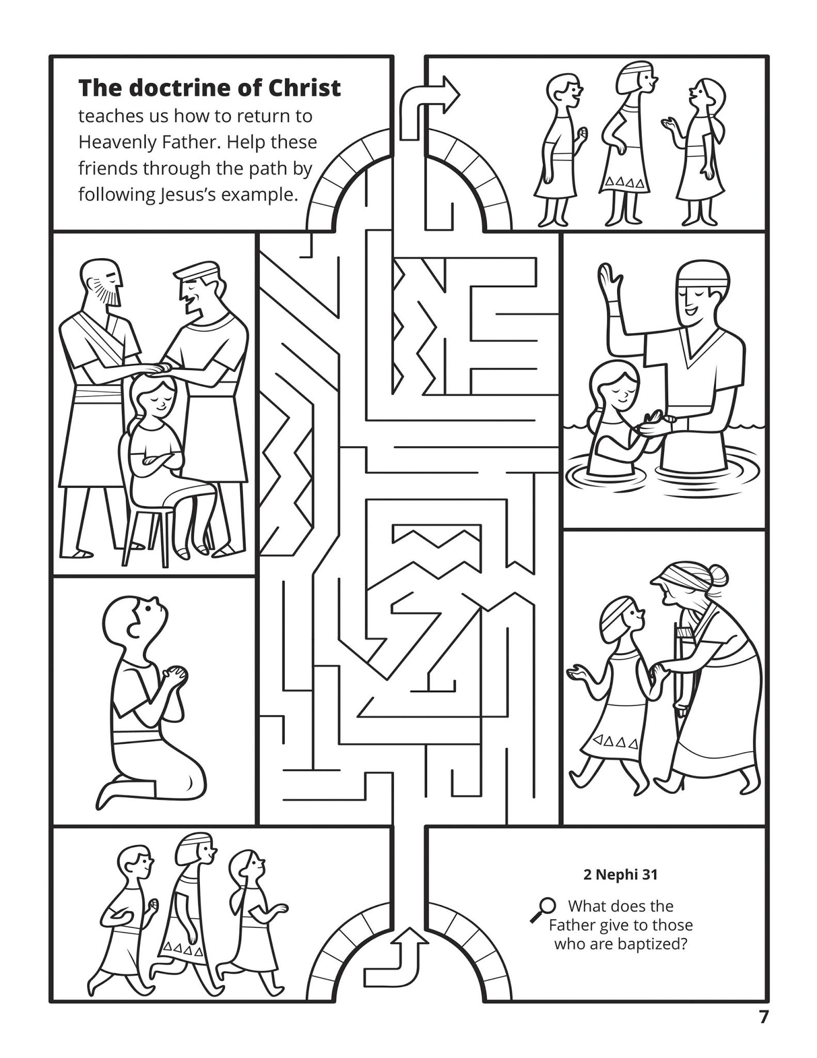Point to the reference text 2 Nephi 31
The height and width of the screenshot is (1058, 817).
[620, 875]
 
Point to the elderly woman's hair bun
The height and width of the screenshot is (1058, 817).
[719, 574]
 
